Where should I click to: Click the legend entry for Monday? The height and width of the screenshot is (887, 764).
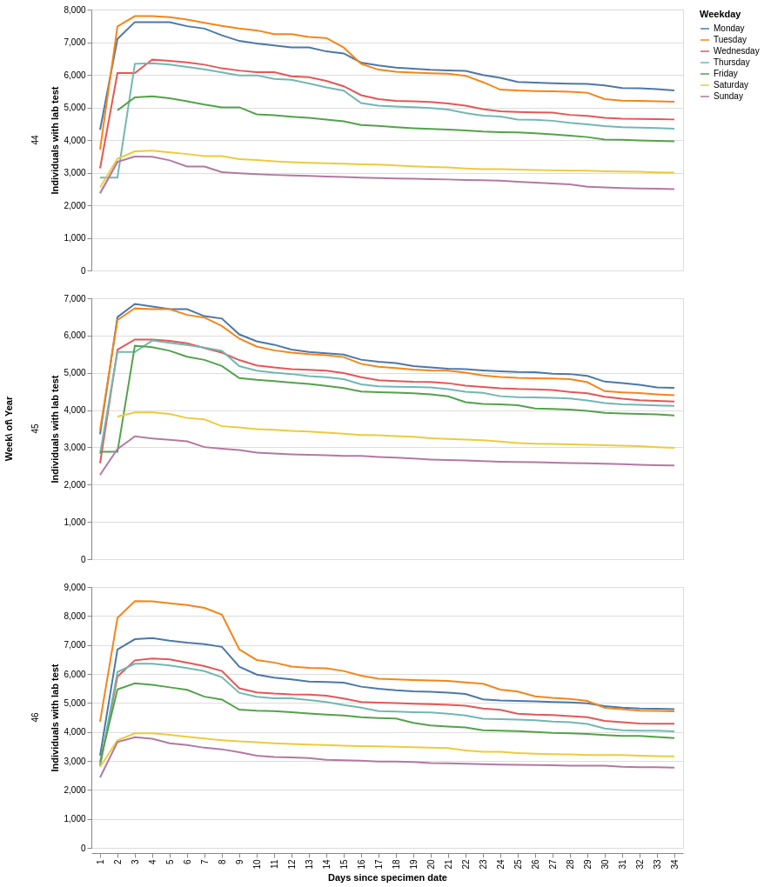[x=728, y=29]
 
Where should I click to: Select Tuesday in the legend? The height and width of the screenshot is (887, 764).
[x=729, y=40]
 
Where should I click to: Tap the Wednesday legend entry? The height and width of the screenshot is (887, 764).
[x=735, y=51]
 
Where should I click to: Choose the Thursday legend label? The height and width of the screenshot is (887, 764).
[x=731, y=63]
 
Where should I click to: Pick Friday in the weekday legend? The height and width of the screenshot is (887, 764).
[x=725, y=74]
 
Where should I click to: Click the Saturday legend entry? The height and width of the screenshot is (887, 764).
[x=730, y=85]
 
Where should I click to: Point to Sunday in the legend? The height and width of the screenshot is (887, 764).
[x=727, y=97]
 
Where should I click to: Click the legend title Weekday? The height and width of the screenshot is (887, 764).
[x=720, y=14]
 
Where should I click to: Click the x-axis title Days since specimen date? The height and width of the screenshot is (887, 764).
[x=387, y=877]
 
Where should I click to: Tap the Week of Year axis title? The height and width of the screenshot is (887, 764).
[x=9, y=429]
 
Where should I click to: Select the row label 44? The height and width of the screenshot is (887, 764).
[x=35, y=140]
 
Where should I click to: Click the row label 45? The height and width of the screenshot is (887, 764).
[x=35, y=429]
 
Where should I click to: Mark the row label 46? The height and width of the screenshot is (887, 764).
[x=35, y=717]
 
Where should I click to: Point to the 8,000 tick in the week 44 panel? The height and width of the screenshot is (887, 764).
[x=75, y=10]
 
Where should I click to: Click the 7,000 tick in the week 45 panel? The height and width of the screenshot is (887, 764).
[x=75, y=299]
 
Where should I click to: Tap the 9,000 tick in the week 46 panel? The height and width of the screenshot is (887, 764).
[x=75, y=588]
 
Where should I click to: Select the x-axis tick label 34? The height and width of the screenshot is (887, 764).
[x=674, y=864]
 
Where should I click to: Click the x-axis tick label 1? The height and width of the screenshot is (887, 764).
[x=100, y=862]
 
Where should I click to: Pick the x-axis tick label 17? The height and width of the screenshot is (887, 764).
[x=379, y=864]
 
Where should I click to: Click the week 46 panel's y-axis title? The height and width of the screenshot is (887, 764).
[x=55, y=717]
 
